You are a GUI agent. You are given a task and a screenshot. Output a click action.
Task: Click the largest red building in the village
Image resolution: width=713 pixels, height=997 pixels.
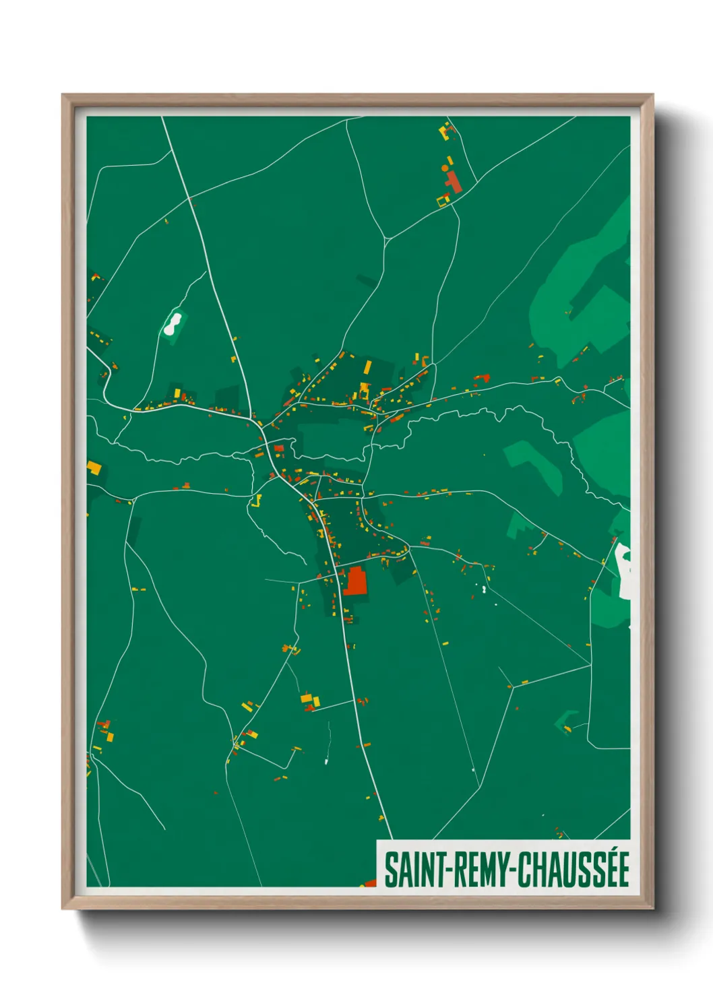[x=356, y=581]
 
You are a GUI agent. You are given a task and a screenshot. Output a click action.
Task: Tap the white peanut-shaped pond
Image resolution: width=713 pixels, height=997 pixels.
[x=173, y=323]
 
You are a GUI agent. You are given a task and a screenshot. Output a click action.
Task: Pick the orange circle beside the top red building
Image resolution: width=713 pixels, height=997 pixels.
[x=445, y=168]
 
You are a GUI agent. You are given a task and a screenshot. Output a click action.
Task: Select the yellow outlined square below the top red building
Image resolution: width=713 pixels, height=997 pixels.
[x=443, y=199]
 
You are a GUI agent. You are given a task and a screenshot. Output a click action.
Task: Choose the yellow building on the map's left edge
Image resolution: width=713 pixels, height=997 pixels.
[x=94, y=466]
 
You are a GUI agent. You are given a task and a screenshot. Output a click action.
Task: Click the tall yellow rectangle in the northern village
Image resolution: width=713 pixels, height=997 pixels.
[x=368, y=367]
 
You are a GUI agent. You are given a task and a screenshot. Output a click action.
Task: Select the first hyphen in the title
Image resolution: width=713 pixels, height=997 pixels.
[x=442, y=870]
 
